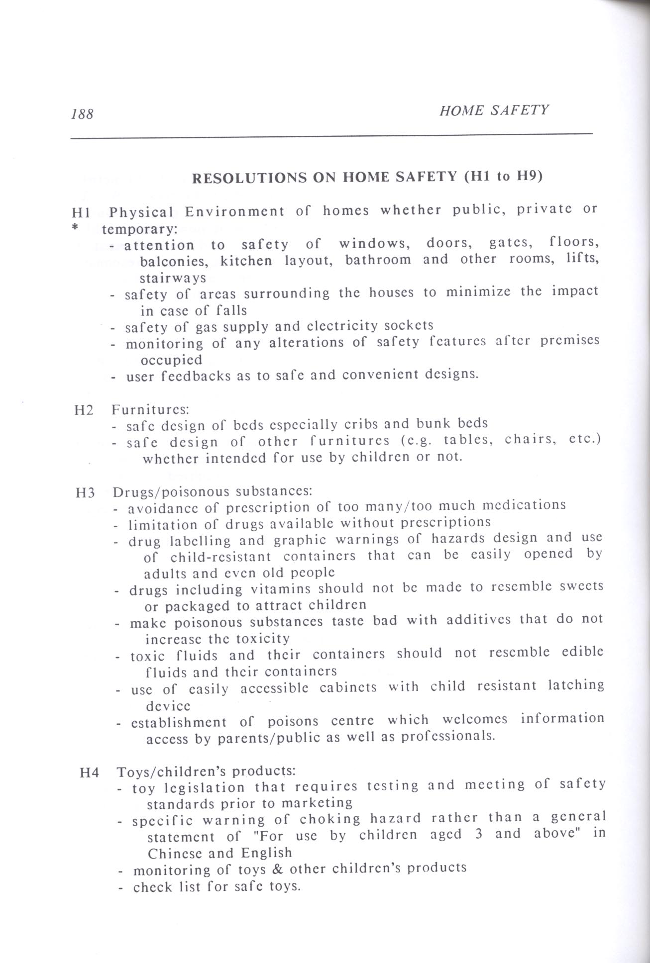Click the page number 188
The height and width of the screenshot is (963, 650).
click(x=82, y=114)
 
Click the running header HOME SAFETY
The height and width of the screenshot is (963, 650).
click(x=494, y=110)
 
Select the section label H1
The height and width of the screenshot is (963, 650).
click(x=81, y=213)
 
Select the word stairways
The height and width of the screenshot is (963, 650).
click(x=173, y=278)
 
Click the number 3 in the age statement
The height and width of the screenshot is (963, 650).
click(x=478, y=834)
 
